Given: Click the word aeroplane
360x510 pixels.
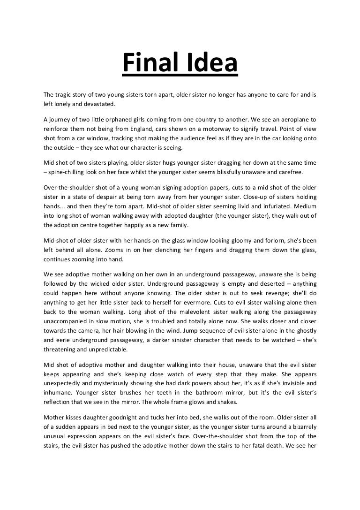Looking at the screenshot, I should click(292, 119).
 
